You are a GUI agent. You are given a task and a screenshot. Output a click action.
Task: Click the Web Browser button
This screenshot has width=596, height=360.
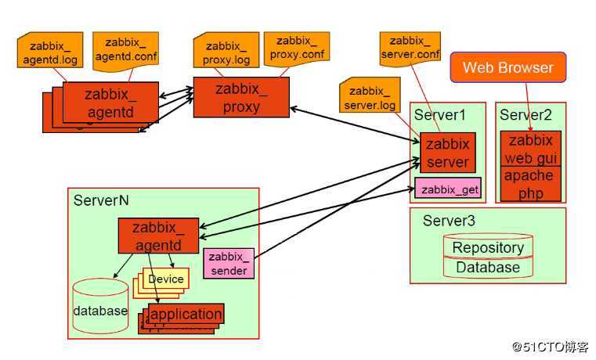[x=508, y=67]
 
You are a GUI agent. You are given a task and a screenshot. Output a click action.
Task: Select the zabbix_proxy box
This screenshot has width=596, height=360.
[x=241, y=99]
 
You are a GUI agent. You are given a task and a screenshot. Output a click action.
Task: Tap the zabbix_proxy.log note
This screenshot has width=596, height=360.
[x=227, y=52]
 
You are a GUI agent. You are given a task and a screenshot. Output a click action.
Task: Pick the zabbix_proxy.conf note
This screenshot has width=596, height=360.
[x=296, y=47]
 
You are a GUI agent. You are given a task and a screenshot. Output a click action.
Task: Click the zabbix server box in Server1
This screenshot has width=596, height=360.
[x=448, y=153]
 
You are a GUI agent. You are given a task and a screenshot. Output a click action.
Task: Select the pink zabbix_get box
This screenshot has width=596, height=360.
[x=448, y=189]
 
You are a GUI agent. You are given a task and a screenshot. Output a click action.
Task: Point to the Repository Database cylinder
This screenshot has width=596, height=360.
[x=488, y=257]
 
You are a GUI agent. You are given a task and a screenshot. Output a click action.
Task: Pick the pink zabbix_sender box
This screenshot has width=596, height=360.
[x=229, y=264]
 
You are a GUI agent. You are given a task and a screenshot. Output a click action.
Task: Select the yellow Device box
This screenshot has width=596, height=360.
[x=165, y=279]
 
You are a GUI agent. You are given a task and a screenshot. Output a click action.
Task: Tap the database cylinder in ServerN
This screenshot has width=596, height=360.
[x=99, y=308]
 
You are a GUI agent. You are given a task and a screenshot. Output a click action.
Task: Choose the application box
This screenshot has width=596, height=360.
[x=186, y=315]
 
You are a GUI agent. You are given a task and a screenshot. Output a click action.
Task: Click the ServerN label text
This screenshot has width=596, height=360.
[x=101, y=200]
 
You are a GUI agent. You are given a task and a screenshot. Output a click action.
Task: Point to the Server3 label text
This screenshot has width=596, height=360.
[x=449, y=221]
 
